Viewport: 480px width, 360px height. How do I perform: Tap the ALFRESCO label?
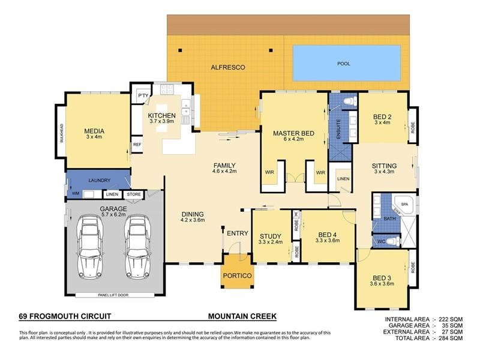225,68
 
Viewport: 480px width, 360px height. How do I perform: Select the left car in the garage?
91,247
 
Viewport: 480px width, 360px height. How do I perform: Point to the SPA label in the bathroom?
404,204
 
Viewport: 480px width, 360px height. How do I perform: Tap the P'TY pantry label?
143,96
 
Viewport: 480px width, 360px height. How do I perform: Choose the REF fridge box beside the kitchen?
137,145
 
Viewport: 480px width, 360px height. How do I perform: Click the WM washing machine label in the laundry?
75,194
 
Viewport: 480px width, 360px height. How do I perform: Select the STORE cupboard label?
133,194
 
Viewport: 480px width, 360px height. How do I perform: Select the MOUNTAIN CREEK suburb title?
242,315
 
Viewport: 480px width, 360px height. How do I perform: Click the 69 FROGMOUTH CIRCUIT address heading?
65,315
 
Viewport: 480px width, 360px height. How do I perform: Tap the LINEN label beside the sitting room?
343,179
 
